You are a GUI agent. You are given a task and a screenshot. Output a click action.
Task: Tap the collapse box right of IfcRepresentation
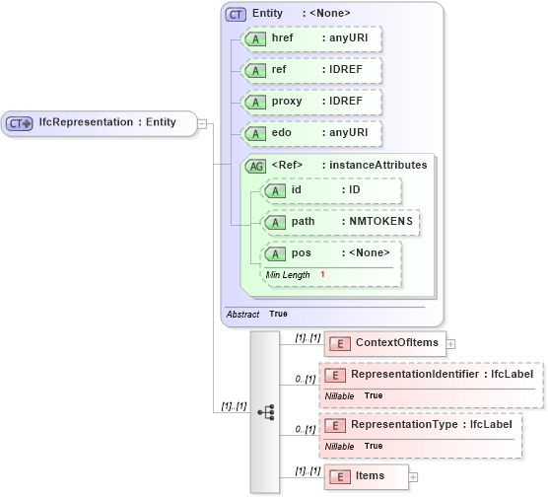(x=201, y=123)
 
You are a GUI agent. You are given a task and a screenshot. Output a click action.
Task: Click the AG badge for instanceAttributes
(x=255, y=166)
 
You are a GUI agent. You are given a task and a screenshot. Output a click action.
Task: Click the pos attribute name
(x=302, y=253)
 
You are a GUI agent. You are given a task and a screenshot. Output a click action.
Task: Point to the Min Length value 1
(x=322, y=274)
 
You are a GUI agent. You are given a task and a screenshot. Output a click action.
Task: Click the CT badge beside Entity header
(x=237, y=14)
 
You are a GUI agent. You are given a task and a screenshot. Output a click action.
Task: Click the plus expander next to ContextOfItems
(x=451, y=344)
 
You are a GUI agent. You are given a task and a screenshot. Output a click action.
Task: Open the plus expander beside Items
(x=413, y=477)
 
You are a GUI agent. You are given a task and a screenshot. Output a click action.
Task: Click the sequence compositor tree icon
(x=265, y=412)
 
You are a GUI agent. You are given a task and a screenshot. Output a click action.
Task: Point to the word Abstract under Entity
(x=243, y=314)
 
